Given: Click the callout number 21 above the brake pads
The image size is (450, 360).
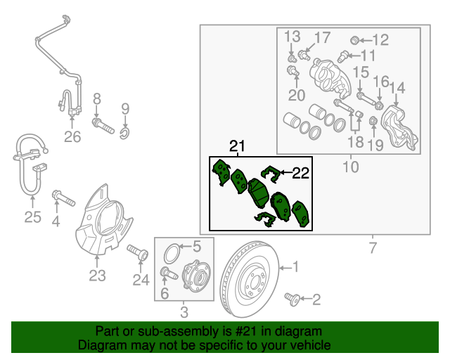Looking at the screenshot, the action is pyautogui.click(x=238, y=146).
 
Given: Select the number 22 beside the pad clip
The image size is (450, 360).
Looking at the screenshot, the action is pyautogui.click(x=300, y=173).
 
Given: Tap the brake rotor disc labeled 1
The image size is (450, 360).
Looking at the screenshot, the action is pyautogui.click(x=250, y=279).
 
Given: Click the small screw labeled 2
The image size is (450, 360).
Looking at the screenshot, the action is pyautogui.click(x=292, y=300).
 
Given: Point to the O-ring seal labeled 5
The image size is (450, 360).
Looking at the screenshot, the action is pyautogui.click(x=172, y=253).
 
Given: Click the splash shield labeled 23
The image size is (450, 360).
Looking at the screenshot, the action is pyautogui.click(x=103, y=219).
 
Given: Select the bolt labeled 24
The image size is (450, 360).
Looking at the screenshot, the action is pyautogui.click(x=138, y=252).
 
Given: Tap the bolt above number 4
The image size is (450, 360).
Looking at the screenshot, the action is pyautogui.click(x=63, y=198).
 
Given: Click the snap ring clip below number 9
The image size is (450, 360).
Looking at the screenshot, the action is pyautogui.click(x=124, y=133).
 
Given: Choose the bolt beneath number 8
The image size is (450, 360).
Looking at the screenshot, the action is pyautogui.click(x=103, y=126).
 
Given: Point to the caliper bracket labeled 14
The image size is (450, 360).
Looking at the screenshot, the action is pyautogui.click(x=399, y=128).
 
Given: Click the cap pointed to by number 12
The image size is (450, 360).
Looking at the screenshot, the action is pyautogui.click(x=354, y=40).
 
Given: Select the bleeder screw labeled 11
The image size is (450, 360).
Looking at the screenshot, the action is pyautogui.click(x=342, y=56).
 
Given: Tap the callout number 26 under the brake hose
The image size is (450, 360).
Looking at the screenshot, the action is pyautogui.click(x=72, y=137).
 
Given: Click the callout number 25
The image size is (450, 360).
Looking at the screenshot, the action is pyautogui.click(x=33, y=217).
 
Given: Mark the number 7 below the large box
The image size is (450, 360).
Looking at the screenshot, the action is pyautogui.click(x=373, y=247).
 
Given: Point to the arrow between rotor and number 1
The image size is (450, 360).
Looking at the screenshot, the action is pyautogui.click(x=285, y=268).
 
